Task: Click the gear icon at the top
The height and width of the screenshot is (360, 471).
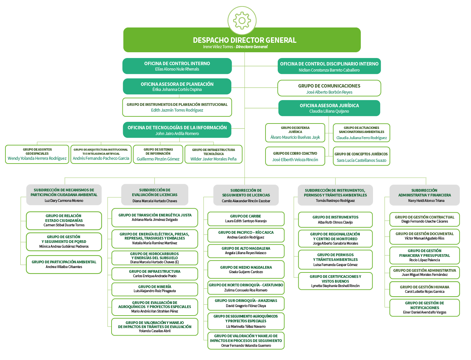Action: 242,20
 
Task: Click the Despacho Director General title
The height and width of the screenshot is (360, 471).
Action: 244,40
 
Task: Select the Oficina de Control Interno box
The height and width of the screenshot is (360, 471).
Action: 177,66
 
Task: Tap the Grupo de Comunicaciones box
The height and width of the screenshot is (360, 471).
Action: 329,88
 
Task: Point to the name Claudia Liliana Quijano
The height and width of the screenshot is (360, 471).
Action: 329,111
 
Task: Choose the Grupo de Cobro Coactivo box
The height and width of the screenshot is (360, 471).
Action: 295,156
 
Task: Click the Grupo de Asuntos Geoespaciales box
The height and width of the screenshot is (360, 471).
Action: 37,154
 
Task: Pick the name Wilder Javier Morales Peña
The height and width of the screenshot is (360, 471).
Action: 213,159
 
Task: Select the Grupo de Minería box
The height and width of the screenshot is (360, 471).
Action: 155,289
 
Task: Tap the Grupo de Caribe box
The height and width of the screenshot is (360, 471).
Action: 246,219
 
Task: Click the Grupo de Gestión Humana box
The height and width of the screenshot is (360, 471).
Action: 425,289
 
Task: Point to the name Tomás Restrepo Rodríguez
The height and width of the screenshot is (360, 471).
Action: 335,201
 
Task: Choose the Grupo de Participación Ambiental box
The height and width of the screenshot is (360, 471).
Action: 64,264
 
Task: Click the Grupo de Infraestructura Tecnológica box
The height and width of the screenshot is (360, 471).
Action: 213,154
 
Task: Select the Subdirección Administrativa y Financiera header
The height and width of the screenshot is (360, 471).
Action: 425,195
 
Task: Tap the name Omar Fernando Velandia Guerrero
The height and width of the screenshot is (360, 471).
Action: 246,346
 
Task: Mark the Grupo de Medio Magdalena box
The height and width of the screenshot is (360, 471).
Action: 246,269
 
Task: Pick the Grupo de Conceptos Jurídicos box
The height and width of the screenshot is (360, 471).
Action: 361,156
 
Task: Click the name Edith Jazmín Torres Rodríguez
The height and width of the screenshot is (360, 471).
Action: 177,110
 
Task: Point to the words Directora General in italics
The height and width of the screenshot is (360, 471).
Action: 252,47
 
